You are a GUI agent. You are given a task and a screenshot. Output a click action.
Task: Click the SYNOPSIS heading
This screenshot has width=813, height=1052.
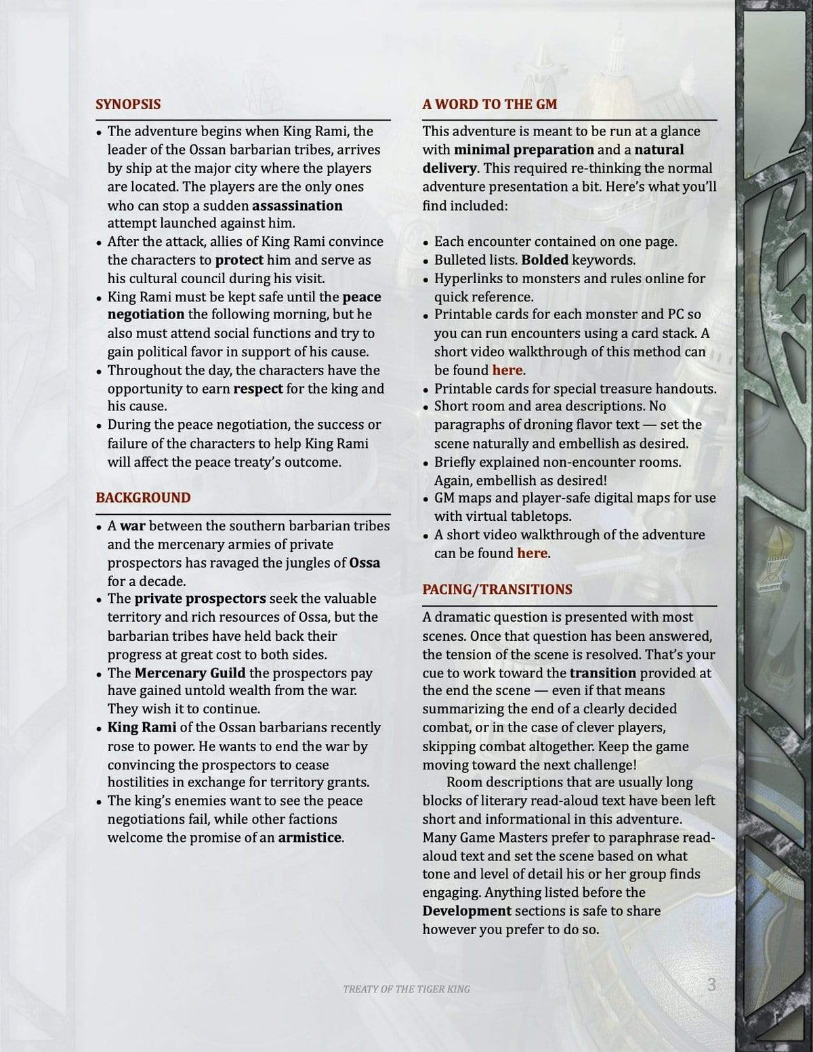[x=128, y=104]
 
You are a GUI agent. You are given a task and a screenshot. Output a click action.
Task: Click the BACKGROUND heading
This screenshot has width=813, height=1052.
[x=143, y=498]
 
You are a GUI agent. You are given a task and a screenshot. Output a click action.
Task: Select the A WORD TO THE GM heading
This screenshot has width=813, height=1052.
[x=489, y=104]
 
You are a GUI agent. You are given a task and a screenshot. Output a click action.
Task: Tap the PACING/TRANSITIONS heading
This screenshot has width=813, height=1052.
[x=497, y=589]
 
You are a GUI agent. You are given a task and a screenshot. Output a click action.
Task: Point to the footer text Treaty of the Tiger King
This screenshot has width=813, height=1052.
[x=406, y=989]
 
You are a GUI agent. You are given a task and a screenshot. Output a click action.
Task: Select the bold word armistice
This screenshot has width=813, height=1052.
[x=310, y=838]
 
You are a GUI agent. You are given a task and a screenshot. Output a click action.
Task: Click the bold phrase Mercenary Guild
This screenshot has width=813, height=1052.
[x=190, y=673]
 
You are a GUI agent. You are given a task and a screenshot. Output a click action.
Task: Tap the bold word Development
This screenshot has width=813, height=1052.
[x=467, y=911]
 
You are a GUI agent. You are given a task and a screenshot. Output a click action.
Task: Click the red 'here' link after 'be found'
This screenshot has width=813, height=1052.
[x=507, y=371]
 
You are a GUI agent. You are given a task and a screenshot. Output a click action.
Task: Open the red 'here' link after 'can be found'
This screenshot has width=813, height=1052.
[x=532, y=553]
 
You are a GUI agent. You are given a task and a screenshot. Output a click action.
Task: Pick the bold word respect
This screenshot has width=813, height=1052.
[x=257, y=389]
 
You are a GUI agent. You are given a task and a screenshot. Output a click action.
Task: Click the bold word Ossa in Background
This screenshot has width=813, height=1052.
[x=364, y=563]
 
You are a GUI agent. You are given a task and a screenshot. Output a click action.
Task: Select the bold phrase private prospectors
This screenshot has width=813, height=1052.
[x=200, y=599]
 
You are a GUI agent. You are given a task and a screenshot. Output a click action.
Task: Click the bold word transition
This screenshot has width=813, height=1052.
[x=602, y=673]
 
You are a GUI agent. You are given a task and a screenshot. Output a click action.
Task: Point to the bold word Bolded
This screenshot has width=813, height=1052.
[x=545, y=260]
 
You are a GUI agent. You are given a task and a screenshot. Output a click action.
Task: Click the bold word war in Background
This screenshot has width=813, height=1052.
[x=133, y=526]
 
